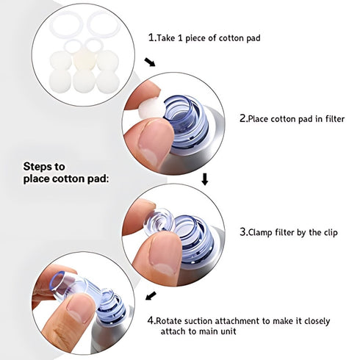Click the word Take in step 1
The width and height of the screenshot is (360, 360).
click(x=168, y=37)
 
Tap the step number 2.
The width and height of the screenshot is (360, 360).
click(x=244, y=117)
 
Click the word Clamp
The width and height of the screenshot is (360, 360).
click(x=265, y=231)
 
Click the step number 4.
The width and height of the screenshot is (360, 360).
click(x=151, y=320)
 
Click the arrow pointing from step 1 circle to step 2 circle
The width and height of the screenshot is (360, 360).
click(x=151, y=63)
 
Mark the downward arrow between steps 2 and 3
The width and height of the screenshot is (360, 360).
click(x=205, y=179)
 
